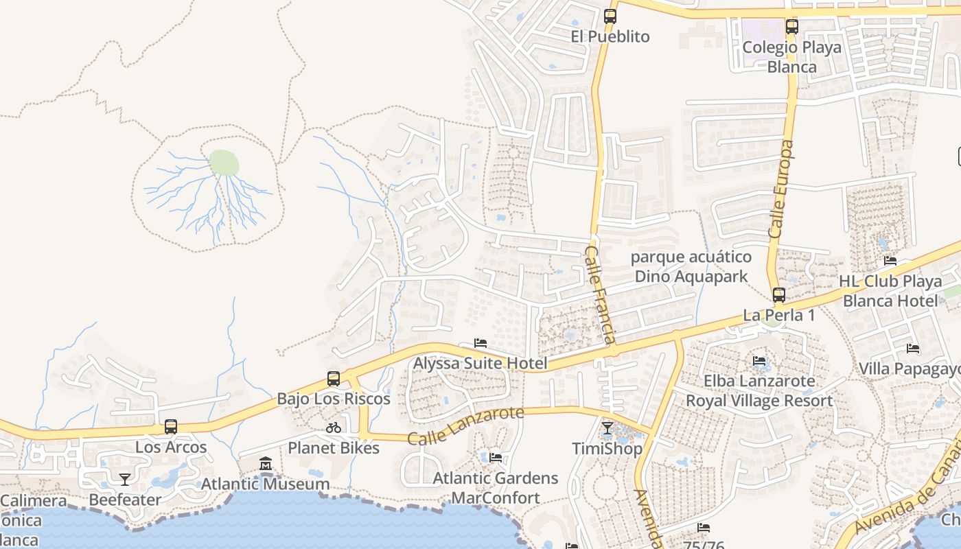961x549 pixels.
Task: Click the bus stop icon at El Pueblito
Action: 610,16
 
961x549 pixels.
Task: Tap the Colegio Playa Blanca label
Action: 791,57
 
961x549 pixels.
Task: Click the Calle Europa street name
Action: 783,189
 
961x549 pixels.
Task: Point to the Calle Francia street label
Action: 599,296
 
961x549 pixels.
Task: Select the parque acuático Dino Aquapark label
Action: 691,267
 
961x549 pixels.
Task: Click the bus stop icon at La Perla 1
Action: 778,295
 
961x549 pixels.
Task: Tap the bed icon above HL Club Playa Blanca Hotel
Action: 890,261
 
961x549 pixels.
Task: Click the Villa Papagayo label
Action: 909,369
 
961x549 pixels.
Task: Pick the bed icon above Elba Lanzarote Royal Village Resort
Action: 759,361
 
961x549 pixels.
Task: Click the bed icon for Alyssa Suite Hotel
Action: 480,343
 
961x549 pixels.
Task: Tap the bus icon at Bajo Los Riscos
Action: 334,379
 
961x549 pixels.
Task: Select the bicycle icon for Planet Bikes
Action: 334,428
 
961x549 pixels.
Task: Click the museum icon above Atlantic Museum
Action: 266,465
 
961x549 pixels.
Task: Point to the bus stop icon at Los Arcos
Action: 171,427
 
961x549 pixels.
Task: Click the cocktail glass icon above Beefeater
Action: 124,479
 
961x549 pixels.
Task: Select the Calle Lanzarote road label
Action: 465,425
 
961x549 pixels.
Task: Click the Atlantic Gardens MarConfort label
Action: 496,487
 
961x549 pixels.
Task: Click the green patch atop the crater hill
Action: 224,163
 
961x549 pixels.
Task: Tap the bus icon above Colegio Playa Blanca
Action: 792,27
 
